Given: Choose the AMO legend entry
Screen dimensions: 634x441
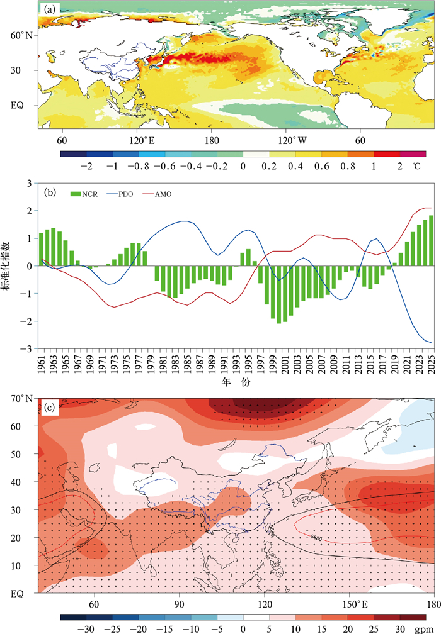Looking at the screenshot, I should point(164,194).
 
